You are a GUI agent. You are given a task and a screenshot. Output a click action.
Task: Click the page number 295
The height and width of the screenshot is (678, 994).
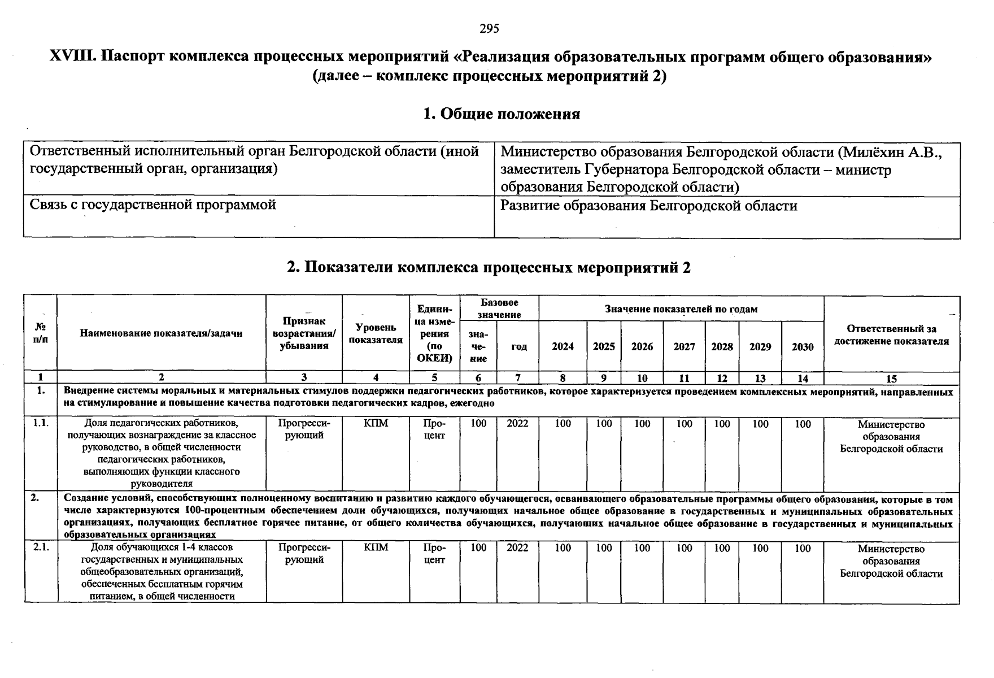pos(489,28)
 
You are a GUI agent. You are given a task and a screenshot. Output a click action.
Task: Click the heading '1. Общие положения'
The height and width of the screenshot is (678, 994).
pos(502,114)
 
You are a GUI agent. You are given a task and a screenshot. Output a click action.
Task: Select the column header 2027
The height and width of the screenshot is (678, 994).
pos(684,347)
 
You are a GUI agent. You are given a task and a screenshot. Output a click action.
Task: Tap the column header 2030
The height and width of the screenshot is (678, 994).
pos(803,347)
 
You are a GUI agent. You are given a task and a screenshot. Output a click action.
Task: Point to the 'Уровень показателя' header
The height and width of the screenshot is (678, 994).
pos(376,333)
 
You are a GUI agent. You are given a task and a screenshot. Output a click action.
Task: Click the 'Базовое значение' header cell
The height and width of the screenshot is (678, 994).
pos(499,308)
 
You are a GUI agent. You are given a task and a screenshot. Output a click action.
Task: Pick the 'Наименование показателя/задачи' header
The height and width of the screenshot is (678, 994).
pos(161,333)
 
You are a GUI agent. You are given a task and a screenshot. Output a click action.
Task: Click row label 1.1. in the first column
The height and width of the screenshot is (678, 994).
pos(40,423)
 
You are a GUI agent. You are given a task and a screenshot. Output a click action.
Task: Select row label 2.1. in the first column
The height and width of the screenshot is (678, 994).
pos(40,547)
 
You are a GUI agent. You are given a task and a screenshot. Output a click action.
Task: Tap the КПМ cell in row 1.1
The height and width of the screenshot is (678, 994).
pos(376,423)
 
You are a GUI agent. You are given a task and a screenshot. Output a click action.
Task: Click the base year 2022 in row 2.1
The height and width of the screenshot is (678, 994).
pos(517,547)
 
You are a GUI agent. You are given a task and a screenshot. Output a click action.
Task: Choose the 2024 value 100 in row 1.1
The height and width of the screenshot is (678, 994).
pos(563,423)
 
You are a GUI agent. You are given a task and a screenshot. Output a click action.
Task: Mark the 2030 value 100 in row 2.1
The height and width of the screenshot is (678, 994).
pos(803,547)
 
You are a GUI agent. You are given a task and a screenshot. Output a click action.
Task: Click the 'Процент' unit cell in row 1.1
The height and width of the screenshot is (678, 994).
pos(434,429)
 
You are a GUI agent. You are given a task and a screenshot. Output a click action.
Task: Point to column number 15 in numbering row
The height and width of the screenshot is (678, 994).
pos(891,379)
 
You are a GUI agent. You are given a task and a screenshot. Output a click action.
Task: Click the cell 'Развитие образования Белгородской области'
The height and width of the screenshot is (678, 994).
pos(649,206)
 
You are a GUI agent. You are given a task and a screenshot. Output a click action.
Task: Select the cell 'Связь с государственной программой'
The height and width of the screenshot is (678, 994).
pos(152,205)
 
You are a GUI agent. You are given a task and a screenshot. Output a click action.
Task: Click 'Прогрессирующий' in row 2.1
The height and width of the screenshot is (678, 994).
pos(304,554)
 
